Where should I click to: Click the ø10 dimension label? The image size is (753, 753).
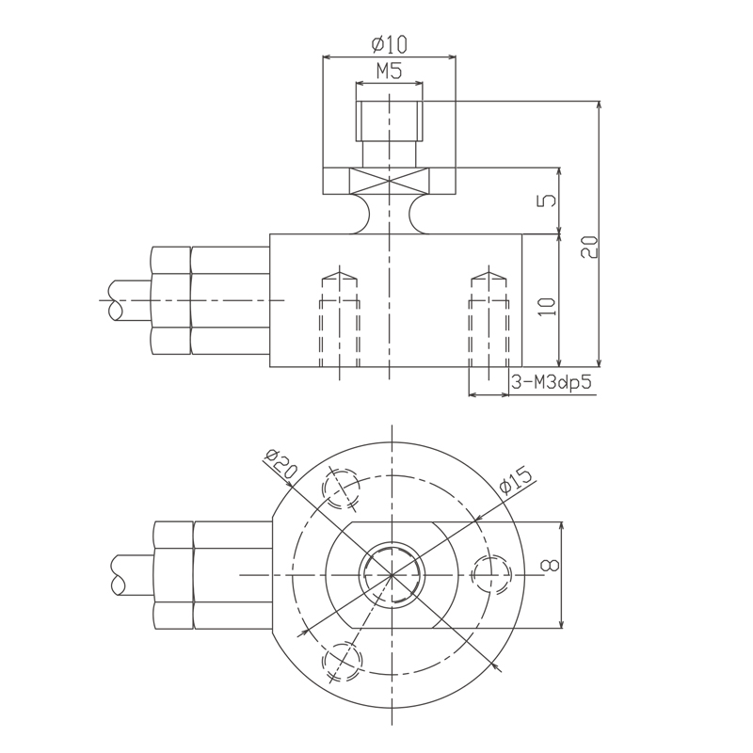390,44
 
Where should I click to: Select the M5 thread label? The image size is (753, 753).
390,71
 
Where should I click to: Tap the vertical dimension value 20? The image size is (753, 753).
590,247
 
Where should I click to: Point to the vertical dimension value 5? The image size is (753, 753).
552,201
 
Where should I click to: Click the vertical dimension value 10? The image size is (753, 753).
552,304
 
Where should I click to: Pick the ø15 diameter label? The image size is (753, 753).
517,483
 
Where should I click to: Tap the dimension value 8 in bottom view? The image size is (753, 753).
553,566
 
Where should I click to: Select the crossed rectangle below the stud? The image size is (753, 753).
390,181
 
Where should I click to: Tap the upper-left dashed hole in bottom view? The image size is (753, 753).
341,486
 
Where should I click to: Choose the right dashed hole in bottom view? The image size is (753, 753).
490,573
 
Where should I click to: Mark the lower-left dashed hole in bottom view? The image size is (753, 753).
341,659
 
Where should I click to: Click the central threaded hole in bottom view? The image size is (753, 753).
390,573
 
